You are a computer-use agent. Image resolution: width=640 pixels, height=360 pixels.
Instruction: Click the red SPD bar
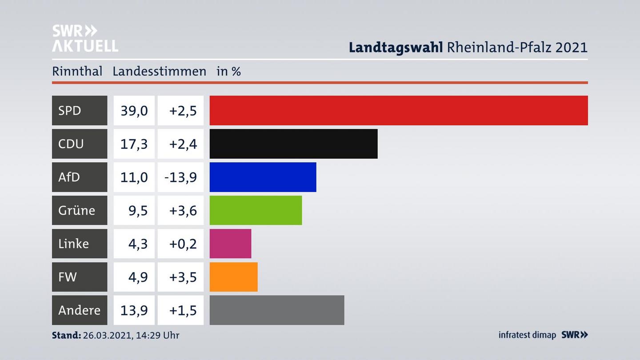click(x=399, y=110)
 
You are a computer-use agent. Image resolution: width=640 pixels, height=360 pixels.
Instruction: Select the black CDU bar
click(x=293, y=144)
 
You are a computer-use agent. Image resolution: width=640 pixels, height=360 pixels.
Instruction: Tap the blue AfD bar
click(x=263, y=177)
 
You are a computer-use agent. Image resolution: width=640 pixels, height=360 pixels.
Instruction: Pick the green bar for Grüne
click(x=256, y=210)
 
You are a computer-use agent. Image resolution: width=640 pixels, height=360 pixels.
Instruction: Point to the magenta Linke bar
click(x=230, y=244)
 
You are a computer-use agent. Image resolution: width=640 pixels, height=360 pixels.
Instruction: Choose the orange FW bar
click(x=233, y=277)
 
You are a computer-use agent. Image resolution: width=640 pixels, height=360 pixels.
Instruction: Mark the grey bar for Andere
click(x=277, y=310)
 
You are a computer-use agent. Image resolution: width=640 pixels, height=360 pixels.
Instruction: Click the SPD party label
click(x=70, y=110)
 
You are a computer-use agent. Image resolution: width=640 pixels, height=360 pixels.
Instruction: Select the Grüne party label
click(x=76, y=210)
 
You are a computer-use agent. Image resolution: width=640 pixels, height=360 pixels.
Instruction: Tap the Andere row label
click(x=79, y=310)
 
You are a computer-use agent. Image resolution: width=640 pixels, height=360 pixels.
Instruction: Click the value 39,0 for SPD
click(x=134, y=110)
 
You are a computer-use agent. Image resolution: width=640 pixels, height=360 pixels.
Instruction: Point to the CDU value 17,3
click(x=134, y=144)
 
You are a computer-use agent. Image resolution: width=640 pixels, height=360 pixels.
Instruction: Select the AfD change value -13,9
click(x=180, y=177)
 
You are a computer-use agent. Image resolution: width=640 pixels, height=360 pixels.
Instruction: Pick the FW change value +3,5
click(x=183, y=277)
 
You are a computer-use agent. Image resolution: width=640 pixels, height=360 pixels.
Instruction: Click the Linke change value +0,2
click(x=183, y=244)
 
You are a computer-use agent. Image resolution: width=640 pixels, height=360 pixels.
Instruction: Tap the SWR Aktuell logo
click(x=85, y=38)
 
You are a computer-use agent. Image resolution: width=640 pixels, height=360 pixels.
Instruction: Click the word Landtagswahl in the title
click(x=396, y=47)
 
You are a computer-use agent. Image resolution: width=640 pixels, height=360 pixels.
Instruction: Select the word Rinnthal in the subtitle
click(x=77, y=71)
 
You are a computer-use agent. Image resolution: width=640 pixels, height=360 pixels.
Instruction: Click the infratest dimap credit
click(x=527, y=335)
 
